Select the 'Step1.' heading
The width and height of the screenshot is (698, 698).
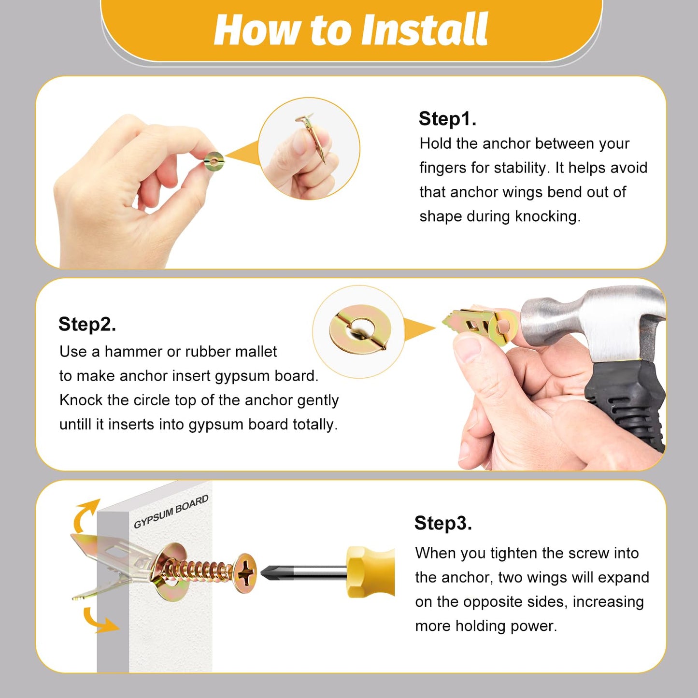(x=447, y=119)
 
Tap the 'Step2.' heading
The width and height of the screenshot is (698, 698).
(x=87, y=324)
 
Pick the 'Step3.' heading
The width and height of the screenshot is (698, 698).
(x=443, y=523)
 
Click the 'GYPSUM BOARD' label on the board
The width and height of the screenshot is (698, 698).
(x=171, y=512)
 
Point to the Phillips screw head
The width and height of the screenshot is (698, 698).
(x=245, y=573)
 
